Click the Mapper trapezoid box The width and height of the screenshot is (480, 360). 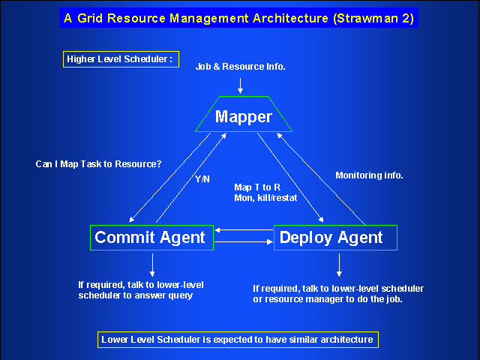coord(244,114)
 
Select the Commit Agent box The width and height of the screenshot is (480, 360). coord(151,238)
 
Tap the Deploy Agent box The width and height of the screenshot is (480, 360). coord(335,238)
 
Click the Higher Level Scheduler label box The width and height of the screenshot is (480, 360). coord(121,59)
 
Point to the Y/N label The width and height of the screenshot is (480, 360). coord(202,179)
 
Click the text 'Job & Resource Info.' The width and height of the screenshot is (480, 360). coord(240,67)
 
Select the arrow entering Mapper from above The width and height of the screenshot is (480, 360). coord(240,85)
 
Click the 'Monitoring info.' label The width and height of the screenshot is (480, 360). coord(369,175)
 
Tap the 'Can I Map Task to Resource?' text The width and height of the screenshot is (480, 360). coord(98,164)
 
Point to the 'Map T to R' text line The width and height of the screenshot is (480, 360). coord(257,187)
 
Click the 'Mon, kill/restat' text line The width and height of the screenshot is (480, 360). coord(265,198)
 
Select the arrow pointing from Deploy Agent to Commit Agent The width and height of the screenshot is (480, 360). coord(244,230)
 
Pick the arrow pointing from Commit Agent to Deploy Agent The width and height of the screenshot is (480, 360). coord(244,241)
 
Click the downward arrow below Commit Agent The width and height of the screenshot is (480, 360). coord(152,265)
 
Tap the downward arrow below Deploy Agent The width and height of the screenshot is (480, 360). coord(339,265)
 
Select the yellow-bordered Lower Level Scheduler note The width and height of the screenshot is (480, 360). coord(238,340)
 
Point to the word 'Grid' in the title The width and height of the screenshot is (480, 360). coord(90,18)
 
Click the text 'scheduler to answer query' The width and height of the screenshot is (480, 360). coord(136,295)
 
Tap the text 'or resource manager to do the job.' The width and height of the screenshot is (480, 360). coord(328,299)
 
